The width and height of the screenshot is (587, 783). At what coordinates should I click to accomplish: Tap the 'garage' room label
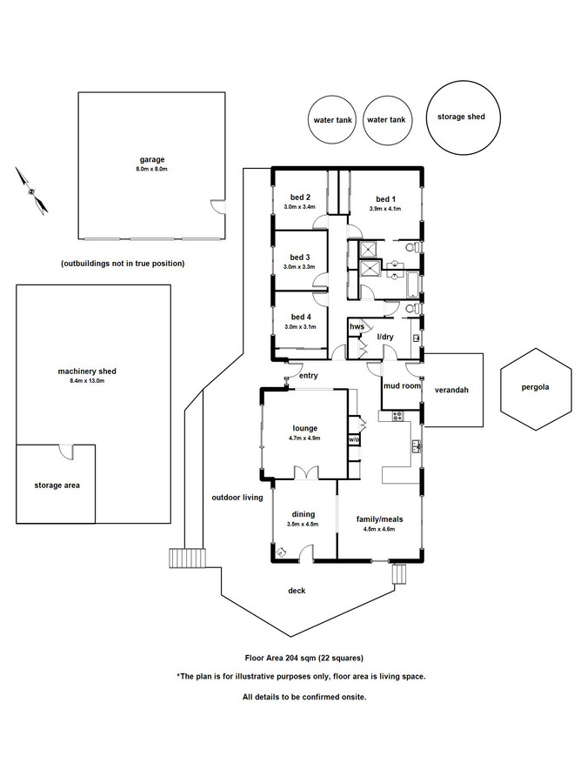point(152,159)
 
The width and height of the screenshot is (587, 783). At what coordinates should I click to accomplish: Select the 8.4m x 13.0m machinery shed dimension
point(93,381)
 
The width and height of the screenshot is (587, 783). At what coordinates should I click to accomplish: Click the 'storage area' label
point(57,485)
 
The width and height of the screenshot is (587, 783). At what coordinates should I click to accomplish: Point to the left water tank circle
point(331,120)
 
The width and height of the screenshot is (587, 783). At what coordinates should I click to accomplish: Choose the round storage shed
point(462,117)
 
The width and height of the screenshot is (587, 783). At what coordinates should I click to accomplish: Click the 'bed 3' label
point(301,257)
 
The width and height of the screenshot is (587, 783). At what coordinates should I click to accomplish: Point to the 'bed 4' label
point(301,317)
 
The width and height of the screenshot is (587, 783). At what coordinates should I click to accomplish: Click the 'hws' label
point(356,326)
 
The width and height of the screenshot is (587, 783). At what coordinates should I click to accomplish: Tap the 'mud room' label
point(401,385)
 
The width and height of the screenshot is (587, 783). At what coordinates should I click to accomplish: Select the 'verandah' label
point(451,391)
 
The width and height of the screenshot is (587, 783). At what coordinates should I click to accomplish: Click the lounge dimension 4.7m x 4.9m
point(304,438)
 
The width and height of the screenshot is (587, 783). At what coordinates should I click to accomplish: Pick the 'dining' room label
point(304,514)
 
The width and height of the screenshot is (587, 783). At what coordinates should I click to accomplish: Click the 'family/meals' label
point(376,519)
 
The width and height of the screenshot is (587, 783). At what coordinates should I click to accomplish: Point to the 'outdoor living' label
point(237,498)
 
